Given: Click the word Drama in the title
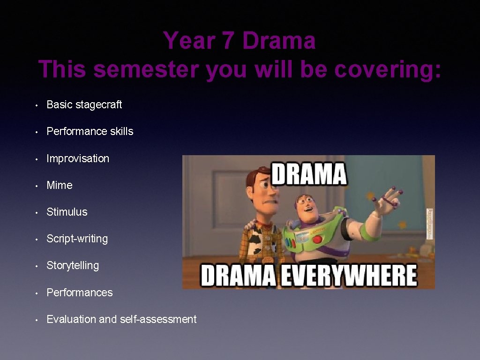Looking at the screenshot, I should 279,41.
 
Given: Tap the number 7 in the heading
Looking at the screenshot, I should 228,41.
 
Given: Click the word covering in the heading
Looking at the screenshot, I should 387,69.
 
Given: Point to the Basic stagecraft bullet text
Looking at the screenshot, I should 84,105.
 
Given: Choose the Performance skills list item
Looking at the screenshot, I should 90,131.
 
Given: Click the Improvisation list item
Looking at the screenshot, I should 78,158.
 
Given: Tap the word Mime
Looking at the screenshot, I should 60,185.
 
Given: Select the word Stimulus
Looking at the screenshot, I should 67,212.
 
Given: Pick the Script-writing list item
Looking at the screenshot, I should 77,239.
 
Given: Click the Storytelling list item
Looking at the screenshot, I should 73,265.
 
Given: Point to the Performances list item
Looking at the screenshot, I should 80,292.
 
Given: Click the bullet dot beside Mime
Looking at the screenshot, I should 37,186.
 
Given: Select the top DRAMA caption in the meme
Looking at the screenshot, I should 309,173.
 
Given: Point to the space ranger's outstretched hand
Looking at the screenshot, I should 389,199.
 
